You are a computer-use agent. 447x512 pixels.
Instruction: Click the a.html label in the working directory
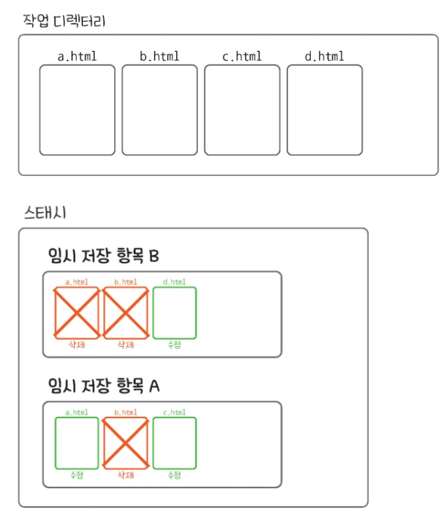pyautogui.click(x=77, y=56)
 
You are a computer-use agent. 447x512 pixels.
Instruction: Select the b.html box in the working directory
pyautogui.click(x=160, y=109)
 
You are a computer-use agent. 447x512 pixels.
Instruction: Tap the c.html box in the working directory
pyautogui.click(x=242, y=109)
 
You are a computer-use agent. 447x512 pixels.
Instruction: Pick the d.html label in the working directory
pyautogui.click(x=324, y=56)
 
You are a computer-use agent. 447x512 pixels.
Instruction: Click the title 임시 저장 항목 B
pyautogui.click(x=104, y=256)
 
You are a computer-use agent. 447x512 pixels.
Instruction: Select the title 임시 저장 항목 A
pyautogui.click(x=104, y=386)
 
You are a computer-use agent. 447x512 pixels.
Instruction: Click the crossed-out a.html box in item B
pyautogui.click(x=77, y=312)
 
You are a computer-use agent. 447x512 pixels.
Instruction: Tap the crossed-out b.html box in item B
pyautogui.click(x=126, y=312)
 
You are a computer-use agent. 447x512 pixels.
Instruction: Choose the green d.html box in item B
pyautogui.click(x=175, y=312)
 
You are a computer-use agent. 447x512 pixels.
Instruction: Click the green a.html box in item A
pyautogui.click(x=77, y=443)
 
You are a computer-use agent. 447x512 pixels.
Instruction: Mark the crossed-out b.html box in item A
pyautogui.click(x=126, y=443)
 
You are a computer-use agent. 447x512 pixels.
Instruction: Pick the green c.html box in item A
pyautogui.click(x=175, y=443)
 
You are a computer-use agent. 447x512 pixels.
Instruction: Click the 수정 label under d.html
pyautogui.click(x=175, y=345)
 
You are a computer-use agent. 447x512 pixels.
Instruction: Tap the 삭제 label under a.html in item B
pyautogui.click(x=77, y=345)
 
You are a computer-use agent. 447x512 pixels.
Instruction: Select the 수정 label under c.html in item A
pyautogui.click(x=175, y=475)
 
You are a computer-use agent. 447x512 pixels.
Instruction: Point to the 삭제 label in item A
pyautogui.click(x=126, y=475)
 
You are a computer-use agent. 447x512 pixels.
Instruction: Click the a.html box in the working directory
pyautogui.click(x=77, y=109)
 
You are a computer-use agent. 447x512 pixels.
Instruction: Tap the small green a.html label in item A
pyautogui.click(x=77, y=412)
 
